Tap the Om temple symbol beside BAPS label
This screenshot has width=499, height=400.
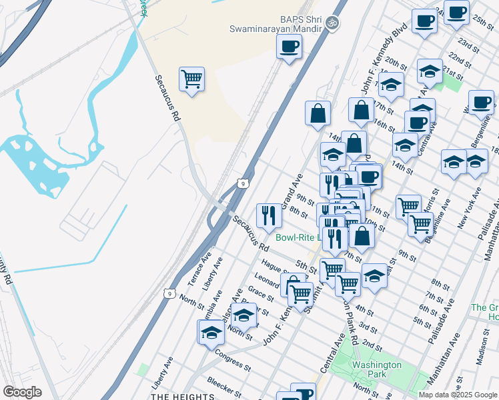(332, 23)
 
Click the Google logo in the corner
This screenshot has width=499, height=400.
(22, 392)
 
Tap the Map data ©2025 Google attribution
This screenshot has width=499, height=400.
(458, 395)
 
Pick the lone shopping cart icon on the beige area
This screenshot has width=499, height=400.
(191, 79)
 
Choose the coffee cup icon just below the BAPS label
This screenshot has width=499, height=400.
(289, 47)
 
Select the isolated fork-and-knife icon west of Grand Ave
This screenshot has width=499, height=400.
(269, 215)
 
